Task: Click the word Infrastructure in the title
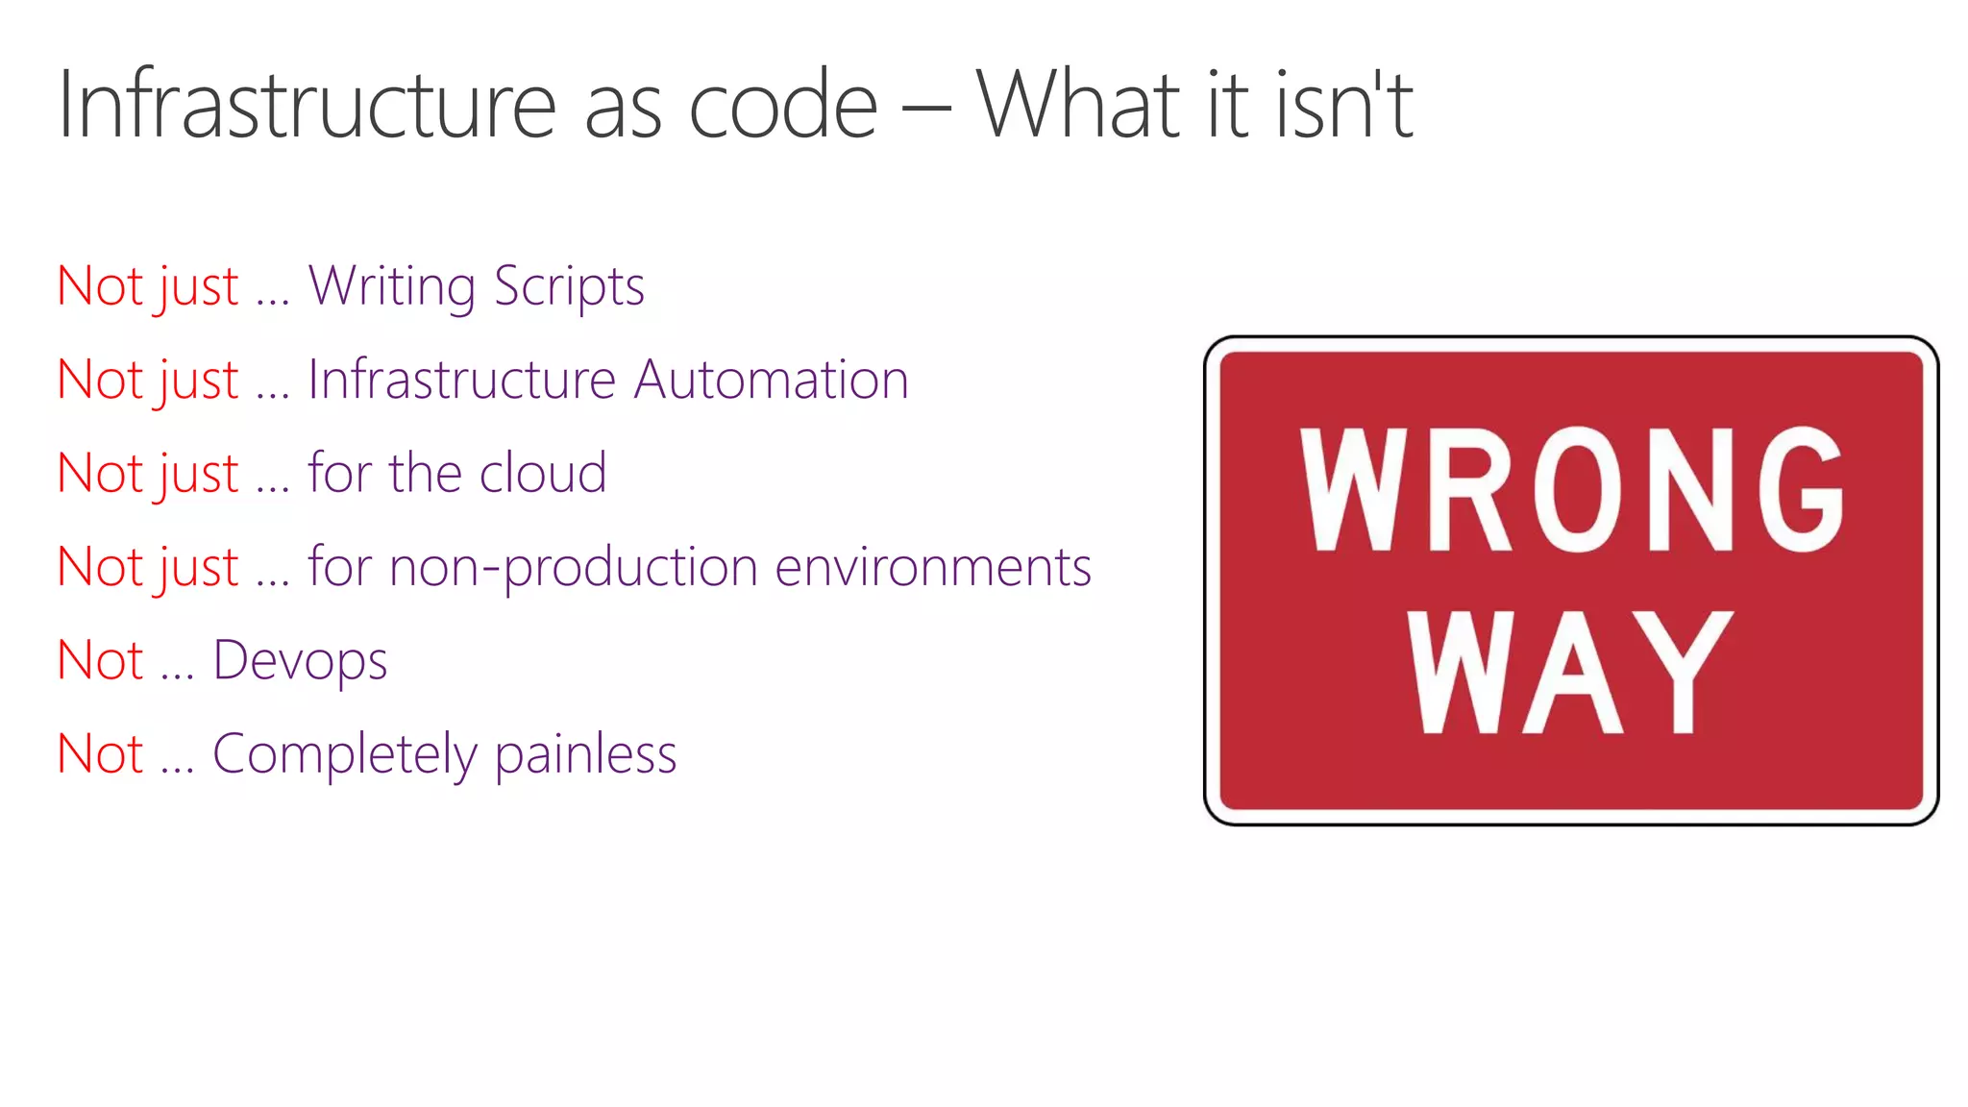pyautogui.click(x=307, y=105)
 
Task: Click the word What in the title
pyautogui.click(x=1077, y=105)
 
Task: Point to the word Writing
pyautogui.click(x=391, y=286)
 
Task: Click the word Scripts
pyautogui.click(x=569, y=286)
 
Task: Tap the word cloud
pyautogui.click(x=543, y=473)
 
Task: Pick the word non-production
pyautogui.click(x=573, y=567)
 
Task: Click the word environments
pyautogui.click(x=933, y=567)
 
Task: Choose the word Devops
pyautogui.click(x=300, y=661)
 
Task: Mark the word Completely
pyautogui.click(x=344, y=754)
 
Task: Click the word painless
pyautogui.click(x=585, y=754)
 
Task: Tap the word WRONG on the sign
pyautogui.click(x=1571, y=489)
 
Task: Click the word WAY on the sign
pyautogui.click(x=1570, y=672)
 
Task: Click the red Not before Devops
pyautogui.click(x=100, y=661)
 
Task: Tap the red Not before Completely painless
pyautogui.click(x=100, y=754)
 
